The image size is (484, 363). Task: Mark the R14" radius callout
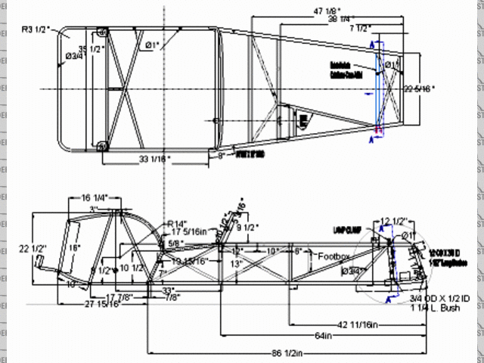click(x=178, y=222)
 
